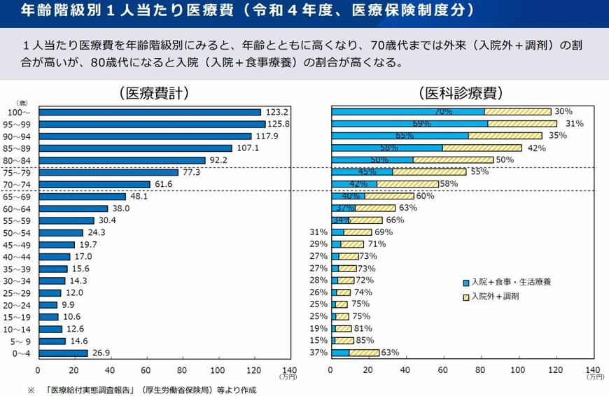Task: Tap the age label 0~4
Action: (20, 353)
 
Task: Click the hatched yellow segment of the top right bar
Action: (517, 112)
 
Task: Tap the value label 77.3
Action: (191, 172)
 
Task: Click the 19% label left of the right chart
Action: (318, 329)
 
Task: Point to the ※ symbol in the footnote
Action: (31, 390)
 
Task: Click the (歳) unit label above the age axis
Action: (22, 103)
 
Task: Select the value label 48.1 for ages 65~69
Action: (139, 197)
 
